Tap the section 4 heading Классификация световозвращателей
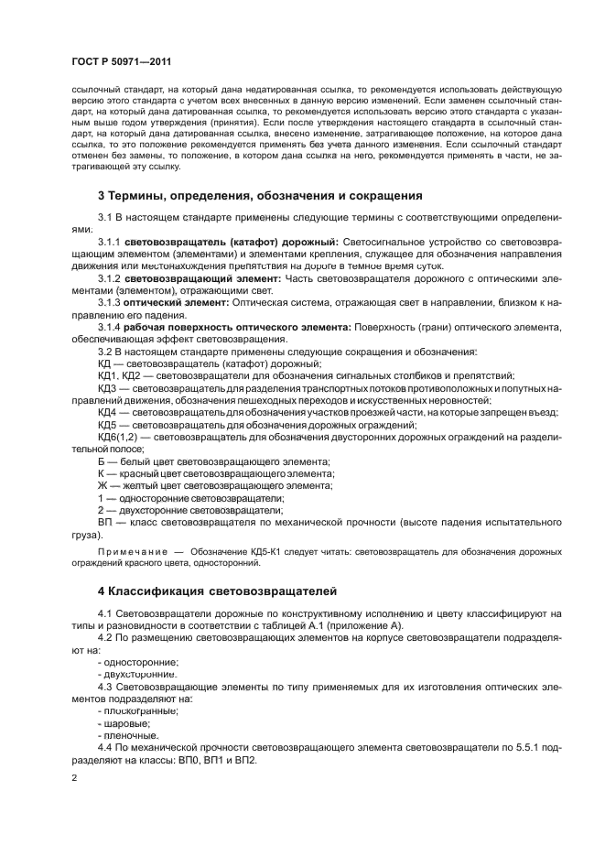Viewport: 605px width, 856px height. point(217,591)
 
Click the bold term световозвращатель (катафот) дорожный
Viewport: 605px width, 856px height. point(232,240)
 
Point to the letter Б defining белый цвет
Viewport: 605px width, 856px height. point(101,461)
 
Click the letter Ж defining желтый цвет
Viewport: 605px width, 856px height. point(102,485)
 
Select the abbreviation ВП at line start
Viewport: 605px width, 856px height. point(103,522)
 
